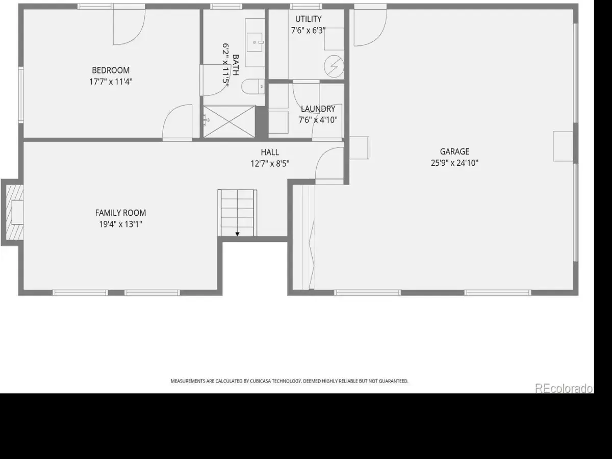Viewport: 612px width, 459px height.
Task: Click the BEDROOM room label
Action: pyautogui.click(x=111, y=70)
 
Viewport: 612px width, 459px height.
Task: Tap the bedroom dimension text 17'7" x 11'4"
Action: pyautogui.click(x=111, y=82)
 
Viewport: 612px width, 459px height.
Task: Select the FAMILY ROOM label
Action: pyautogui.click(x=120, y=213)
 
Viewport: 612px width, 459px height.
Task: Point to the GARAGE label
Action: pyautogui.click(x=454, y=151)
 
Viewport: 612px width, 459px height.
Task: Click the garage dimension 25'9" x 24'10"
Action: pyautogui.click(x=454, y=163)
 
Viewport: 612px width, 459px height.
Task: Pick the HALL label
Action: pyautogui.click(x=270, y=152)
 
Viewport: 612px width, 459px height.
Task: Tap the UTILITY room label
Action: pyautogui.click(x=309, y=19)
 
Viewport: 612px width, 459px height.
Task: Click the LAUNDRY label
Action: pyautogui.click(x=318, y=109)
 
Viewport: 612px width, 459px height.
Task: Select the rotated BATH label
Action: pyautogui.click(x=236, y=65)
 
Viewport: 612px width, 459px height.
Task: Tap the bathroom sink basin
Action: pyautogui.click(x=254, y=42)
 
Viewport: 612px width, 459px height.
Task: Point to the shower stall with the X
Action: pyautogui.click(x=229, y=121)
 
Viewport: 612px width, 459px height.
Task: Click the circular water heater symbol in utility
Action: pyautogui.click(x=334, y=66)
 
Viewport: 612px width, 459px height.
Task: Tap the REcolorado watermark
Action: pyautogui.click(x=564, y=389)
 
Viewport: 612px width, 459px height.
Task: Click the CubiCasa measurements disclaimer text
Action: pyautogui.click(x=289, y=381)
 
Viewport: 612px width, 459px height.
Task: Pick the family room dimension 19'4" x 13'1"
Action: pyautogui.click(x=120, y=224)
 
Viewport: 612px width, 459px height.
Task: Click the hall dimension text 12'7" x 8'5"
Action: pyautogui.click(x=270, y=164)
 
